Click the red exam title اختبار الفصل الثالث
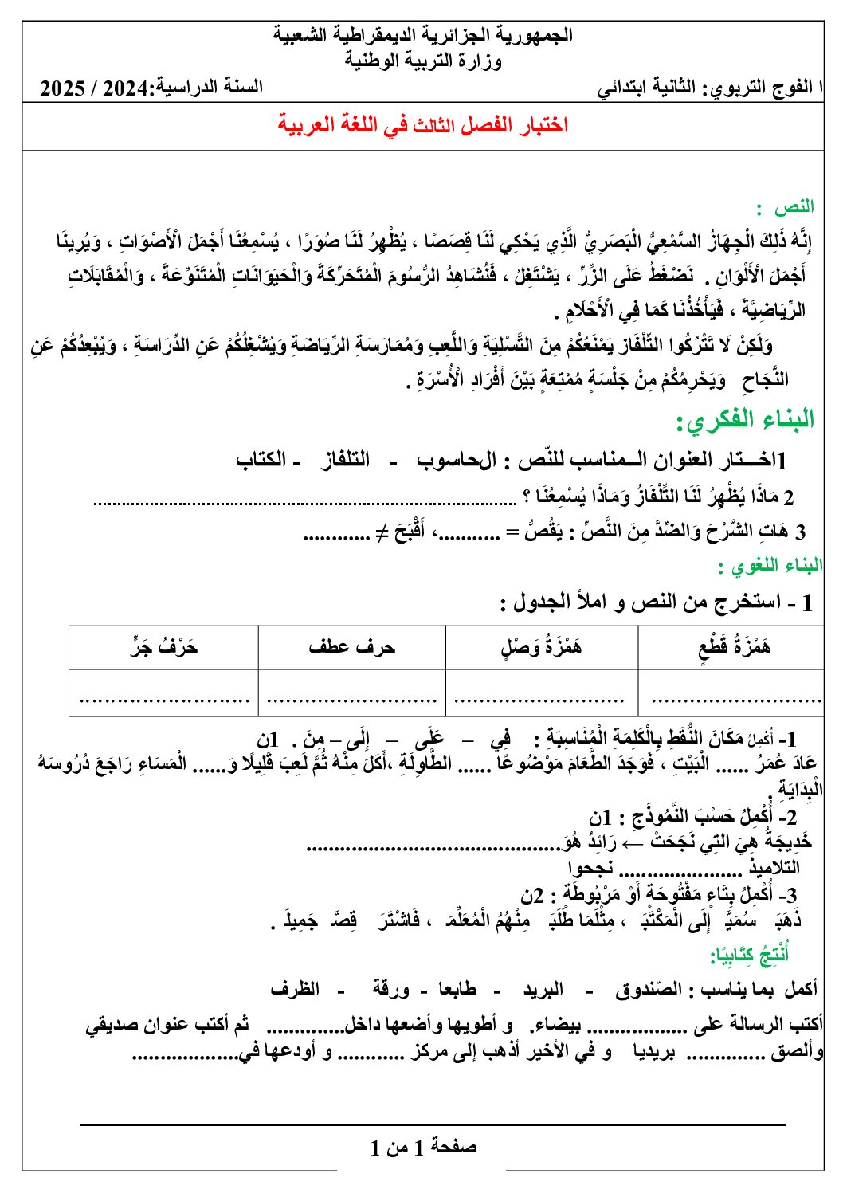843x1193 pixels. pyautogui.click(x=422, y=124)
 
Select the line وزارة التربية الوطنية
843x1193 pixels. pyautogui.click(x=423, y=61)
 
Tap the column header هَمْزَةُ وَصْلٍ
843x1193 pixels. pyautogui.click(x=542, y=646)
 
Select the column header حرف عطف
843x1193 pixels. pyautogui.click(x=351, y=646)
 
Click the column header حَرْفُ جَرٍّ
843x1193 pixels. pyautogui.click(x=164, y=646)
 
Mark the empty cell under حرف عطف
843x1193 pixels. pyautogui.click(x=351, y=692)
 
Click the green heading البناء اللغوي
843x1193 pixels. pyautogui.click(x=770, y=566)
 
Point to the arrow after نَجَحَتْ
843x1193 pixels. pyautogui.click(x=631, y=842)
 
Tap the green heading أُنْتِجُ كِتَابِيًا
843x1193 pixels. pyautogui.click(x=750, y=953)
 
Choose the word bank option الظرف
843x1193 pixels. pyautogui.click(x=295, y=989)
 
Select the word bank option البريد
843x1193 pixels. pyautogui.click(x=543, y=989)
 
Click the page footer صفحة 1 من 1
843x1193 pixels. pyautogui.click(x=423, y=1147)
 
